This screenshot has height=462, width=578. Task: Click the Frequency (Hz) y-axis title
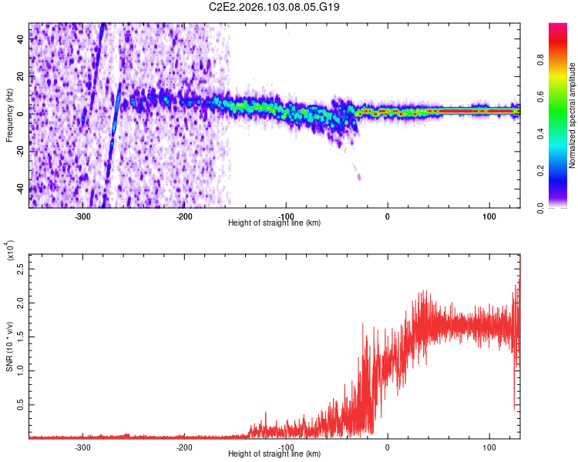coord(9,115)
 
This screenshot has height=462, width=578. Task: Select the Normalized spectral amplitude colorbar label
coord(572,115)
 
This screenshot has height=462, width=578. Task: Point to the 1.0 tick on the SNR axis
coord(21,370)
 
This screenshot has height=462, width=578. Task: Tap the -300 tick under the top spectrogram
coord(82,216)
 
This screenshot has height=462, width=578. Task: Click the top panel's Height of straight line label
coord(274,223)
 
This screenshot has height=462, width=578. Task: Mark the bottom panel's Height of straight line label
coord(274,454)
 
